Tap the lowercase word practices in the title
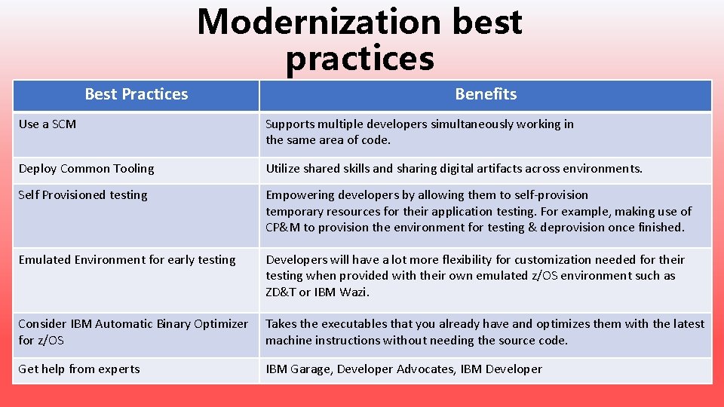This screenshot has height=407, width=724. [360, 58]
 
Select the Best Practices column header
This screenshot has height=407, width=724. [136, 94]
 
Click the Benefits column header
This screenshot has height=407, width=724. [486, 94]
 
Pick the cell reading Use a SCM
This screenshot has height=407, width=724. [48, 124]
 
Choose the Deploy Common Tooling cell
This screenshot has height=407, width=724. [86, 168]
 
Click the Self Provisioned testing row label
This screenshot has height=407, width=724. [83, 194]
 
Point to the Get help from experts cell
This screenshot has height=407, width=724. [79, 369]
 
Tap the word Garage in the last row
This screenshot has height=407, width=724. [311, 369]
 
